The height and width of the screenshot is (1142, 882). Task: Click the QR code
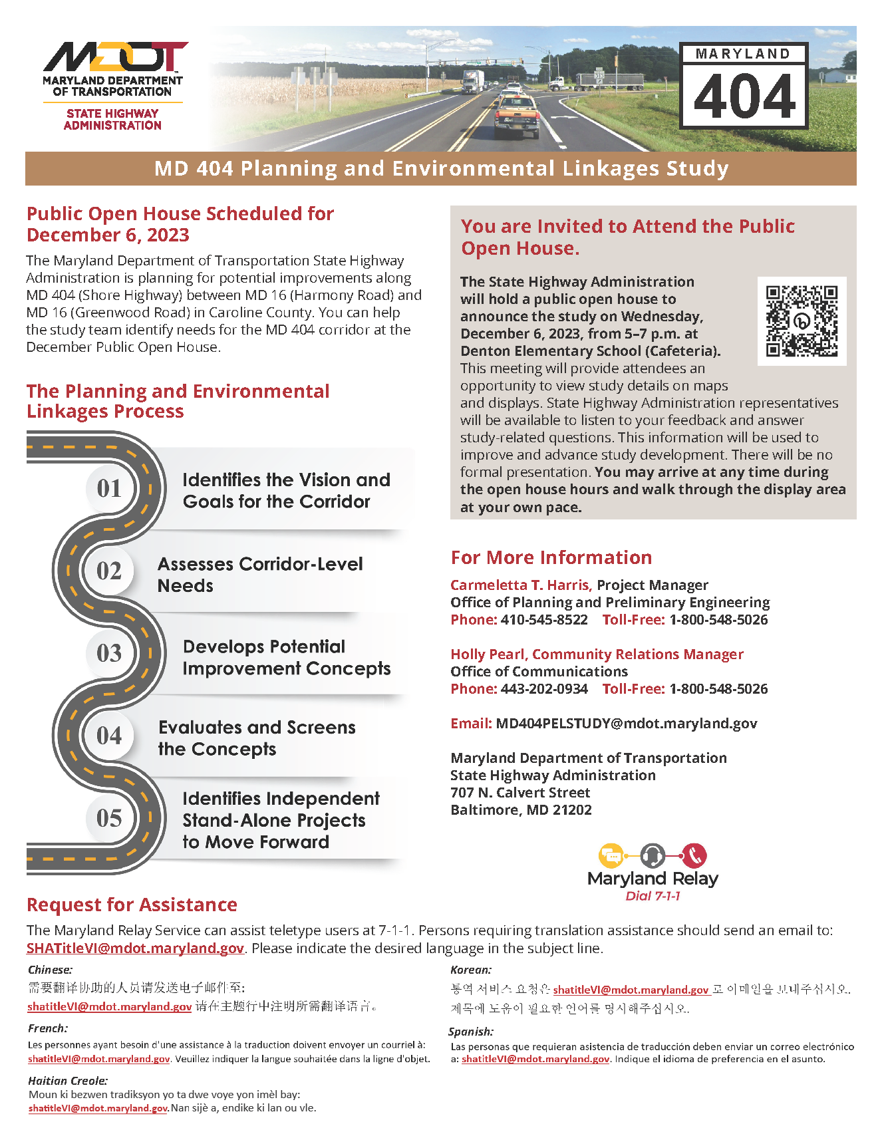pos(802,321)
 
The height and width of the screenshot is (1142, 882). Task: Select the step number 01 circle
pos(109,488)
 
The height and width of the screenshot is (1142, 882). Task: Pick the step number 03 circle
pos(109,652)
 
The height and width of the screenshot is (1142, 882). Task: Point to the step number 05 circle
pos(109,817)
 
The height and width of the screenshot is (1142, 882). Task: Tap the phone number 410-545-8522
pos(544,620)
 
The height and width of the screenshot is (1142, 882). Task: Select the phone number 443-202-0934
pos(544,689)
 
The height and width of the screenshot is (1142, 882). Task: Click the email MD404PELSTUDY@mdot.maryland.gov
pos(626,724)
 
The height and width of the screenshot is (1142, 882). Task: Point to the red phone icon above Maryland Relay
pos(694,855)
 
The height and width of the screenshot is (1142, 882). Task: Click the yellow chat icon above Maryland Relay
pos(611,855)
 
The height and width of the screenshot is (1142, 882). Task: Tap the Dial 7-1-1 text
pos(653,896)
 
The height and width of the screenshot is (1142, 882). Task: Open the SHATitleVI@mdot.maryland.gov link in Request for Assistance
pos(135,948)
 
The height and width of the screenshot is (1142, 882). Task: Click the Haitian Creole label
pos(68,1081)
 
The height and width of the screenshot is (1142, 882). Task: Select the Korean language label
pos(471,970)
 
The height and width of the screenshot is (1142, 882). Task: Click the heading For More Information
pos(551,557)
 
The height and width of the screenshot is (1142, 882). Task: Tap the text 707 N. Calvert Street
pos(520,793)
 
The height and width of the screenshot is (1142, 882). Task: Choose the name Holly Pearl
pos(488,654)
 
